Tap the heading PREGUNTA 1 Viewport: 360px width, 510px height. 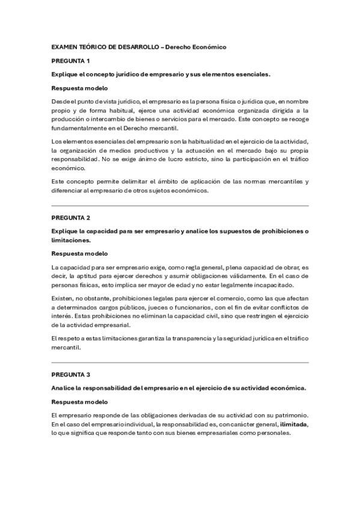(x=70, y=61)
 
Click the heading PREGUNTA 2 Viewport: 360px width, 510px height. (x=70, y=217)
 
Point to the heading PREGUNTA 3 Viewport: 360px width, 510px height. (x=70, y=374)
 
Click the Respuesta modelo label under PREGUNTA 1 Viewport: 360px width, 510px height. (x=79, y=88)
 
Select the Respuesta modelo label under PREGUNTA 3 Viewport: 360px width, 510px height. (x=79, y=401)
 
